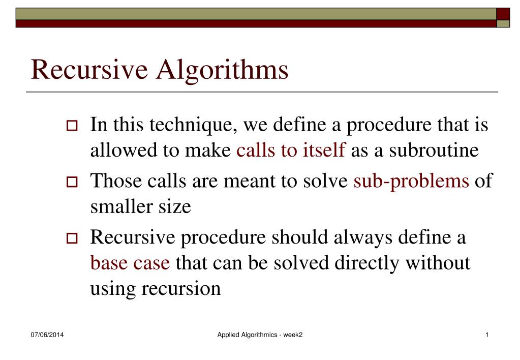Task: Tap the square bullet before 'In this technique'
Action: pos(71,126)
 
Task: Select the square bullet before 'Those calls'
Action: pos(71,182)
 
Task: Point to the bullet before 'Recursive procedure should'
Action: pos(71,238)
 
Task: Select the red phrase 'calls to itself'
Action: pos(291,151)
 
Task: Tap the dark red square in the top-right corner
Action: pos(503,13)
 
